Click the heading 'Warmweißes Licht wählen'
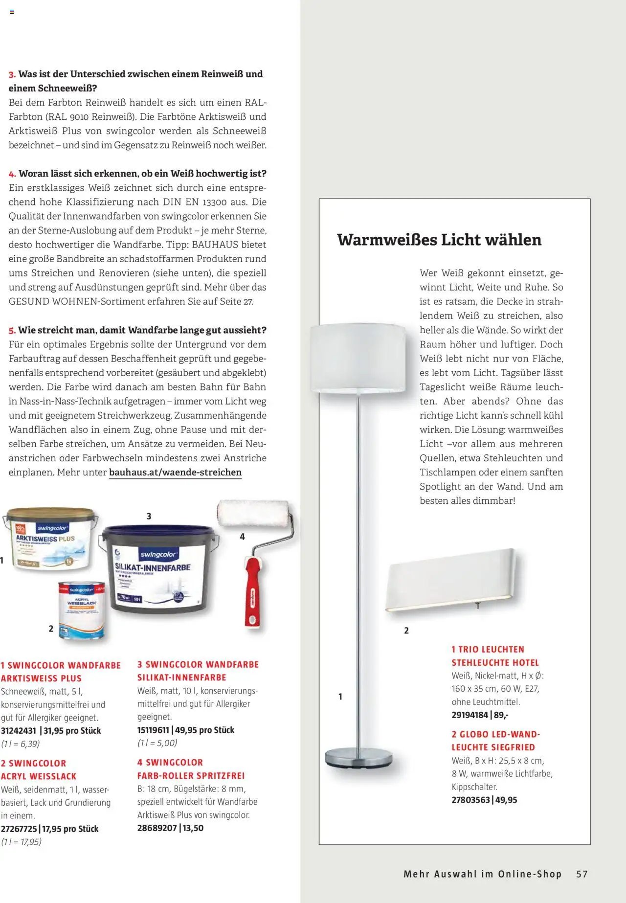[439, 240]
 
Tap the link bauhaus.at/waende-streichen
[175, 473]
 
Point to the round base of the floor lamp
[358, 757]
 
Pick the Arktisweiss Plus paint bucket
[51, 541]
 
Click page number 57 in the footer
[581, 874]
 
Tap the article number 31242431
[19, 731]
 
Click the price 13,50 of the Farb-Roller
[193, 828]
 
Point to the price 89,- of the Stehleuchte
[501, 715]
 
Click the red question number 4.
[12, 174]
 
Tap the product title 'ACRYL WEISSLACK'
[39, 776]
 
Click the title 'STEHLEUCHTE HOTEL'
[495, 663]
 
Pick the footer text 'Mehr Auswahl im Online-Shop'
[482, 874]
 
